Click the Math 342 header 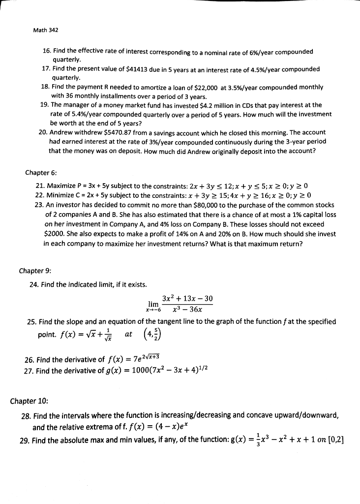pyautogui.click(x=45, y=31)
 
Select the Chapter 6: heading pyautogui.click(x=41, y=173)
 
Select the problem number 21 pyautogui.click(x=40, y=186)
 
